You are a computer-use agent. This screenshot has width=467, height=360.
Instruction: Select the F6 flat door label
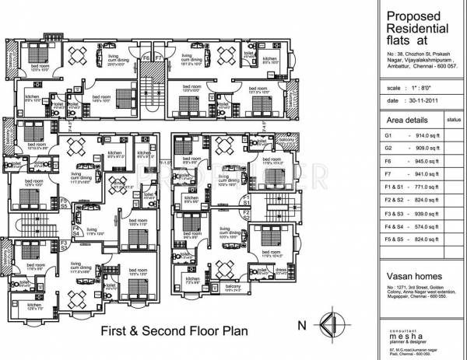[x=145, y=58]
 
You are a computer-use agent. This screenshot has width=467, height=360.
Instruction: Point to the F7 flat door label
[x=157, y=58]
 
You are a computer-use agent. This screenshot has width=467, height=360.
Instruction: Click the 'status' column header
[x=454, y=121]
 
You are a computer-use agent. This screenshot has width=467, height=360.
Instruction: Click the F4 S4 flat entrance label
[x=77, y=230]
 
